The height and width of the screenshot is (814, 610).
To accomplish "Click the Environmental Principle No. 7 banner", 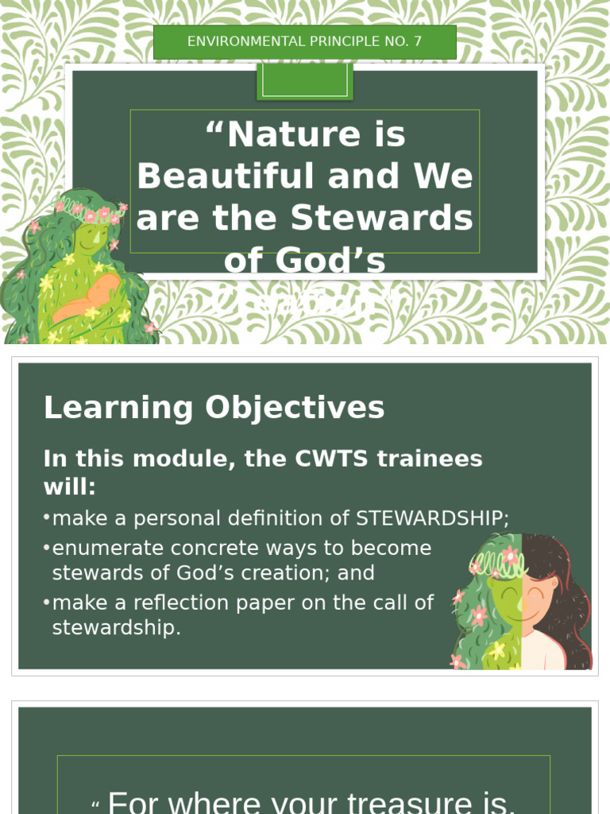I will click(x=305, y=41).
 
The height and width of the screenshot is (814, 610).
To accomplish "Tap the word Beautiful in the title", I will click(x=226, y=176).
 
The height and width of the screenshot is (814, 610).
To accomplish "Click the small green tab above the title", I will click(x=305, y=81).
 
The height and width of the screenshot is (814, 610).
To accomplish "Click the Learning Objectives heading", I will click(x=214, y=408).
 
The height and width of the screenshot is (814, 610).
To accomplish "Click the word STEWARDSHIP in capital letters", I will click(x=430, y=519).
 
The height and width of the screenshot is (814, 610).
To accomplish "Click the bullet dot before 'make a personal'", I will click(x=47, y=518).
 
